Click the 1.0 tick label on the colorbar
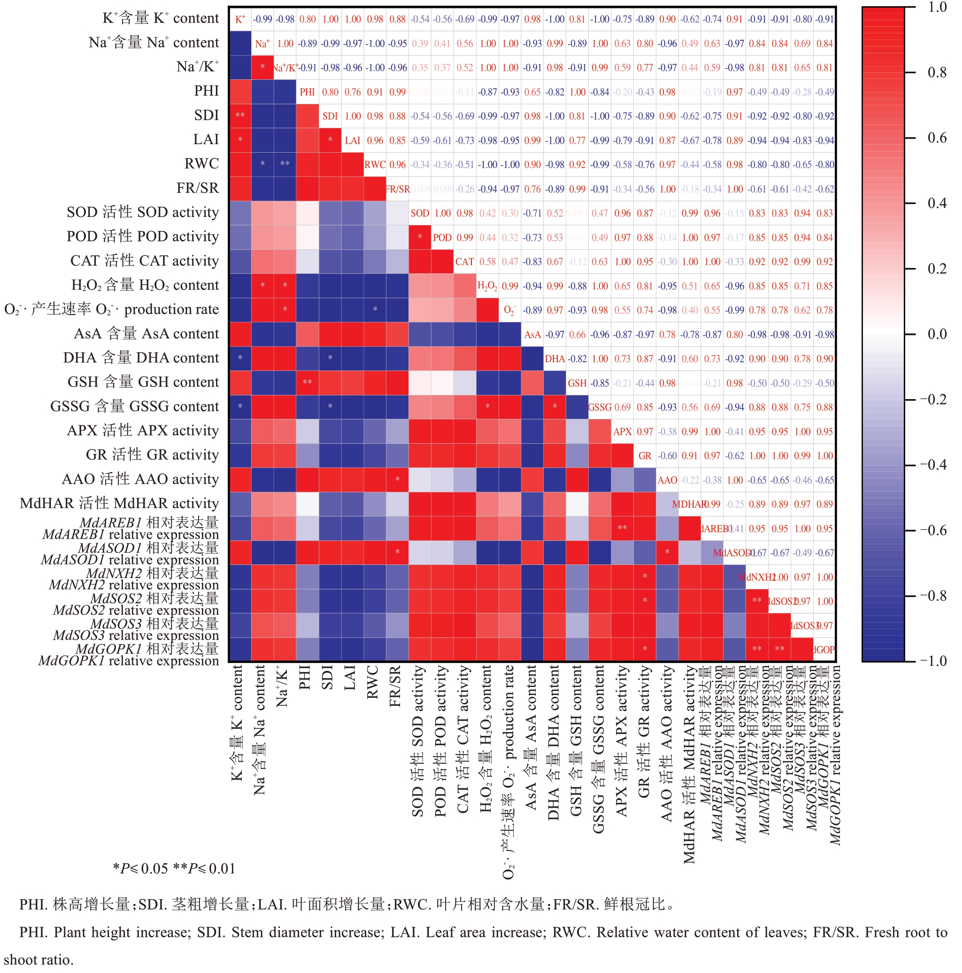tap(937, 8)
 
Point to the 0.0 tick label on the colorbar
tap(937, 334)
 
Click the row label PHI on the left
tap(207, 91)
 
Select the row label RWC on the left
tap(201, 164)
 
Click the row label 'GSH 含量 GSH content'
tap(143, 382)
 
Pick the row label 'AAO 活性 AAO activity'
tap(140, 479)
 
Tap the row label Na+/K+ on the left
tap(197, 67)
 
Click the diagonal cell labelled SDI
tap(330, 116)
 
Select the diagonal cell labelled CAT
tap(465, 262)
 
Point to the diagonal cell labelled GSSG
tap(600, 408)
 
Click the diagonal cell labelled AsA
tap(532, 334)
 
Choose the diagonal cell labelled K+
tap(240, 19)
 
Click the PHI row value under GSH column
tap(577, 92)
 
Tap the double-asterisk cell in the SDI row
tap(240, 116)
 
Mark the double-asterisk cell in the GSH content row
tap(307, 383)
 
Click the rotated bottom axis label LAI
tap(350, 677)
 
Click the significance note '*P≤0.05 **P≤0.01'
tap(174, 868)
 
